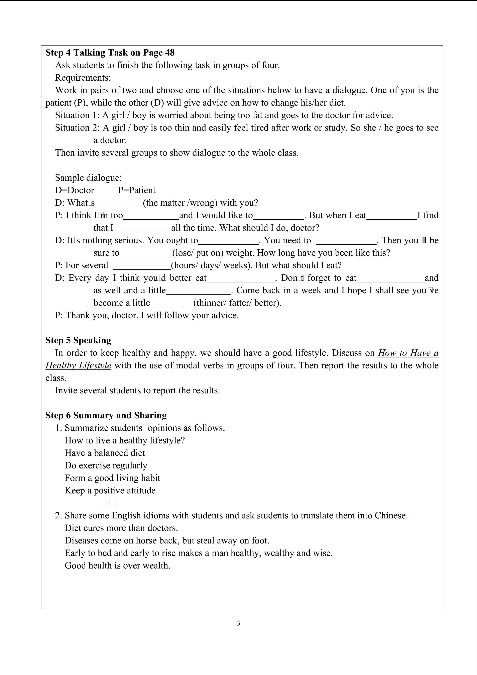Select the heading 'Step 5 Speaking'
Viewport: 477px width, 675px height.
coord(78,340)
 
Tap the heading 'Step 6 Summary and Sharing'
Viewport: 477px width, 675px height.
coord(106,415)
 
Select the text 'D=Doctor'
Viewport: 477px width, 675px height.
coord(75,190)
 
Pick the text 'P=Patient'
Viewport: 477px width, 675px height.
coord(137,190)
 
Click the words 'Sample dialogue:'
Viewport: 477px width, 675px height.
coord(88,178)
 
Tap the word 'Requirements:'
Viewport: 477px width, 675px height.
coord(83,78)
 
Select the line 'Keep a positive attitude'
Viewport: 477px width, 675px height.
coord(110,490)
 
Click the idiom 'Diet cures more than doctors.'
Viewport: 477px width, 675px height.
coord(121,528)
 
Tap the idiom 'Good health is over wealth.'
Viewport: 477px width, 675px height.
coord(117,565)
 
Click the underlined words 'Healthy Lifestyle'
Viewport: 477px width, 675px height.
coord(78,365)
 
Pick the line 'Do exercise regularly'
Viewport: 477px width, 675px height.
coord(106,465)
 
